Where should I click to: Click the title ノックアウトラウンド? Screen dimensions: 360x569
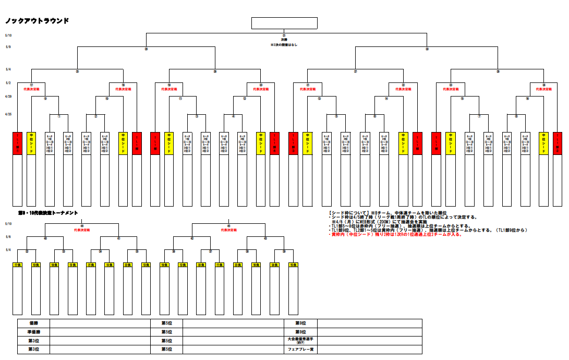37,21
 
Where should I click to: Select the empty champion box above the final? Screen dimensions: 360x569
284,23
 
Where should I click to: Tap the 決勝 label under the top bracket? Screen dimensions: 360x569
284,40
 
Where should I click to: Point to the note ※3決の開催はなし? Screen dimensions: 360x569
284,45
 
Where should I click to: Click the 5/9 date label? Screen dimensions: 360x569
8,47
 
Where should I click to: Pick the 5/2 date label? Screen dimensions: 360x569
8,83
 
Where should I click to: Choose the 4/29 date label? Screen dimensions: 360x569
8,97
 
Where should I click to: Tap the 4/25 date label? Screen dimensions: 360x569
8,114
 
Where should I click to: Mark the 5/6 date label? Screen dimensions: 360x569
8,237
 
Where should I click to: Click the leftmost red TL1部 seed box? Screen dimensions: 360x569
17,143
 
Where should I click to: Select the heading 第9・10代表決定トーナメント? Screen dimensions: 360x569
48,213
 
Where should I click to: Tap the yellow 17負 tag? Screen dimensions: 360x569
17,266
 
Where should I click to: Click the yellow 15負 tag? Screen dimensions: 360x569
293,266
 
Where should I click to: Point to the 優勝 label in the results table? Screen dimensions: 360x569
33,323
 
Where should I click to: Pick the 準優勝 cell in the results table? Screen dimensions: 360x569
33,332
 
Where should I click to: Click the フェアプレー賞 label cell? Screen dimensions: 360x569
300,349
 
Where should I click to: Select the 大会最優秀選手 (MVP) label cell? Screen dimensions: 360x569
300,340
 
